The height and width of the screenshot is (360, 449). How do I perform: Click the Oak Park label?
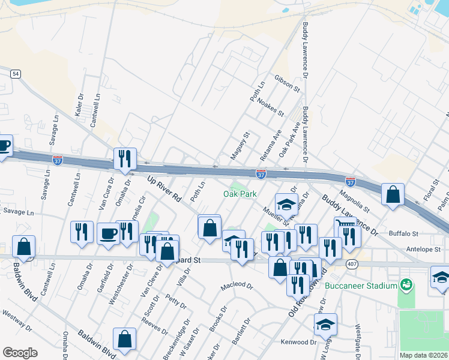(x=240, y=194)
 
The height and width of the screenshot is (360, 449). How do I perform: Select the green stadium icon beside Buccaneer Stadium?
(x=406, y=283)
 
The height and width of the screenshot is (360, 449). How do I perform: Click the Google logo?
(x=20, y=353)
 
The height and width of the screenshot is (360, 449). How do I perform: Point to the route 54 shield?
(x=16, y=73)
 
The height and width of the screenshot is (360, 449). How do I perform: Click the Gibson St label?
(x=287, y=84)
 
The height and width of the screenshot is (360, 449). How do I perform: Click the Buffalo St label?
(x=403, y=233)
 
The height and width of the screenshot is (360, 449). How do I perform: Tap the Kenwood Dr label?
(x=298, y=342)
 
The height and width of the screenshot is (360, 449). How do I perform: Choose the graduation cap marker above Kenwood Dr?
(x=325, y=325)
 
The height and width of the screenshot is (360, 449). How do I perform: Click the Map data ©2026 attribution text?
(x=424, y=355)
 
